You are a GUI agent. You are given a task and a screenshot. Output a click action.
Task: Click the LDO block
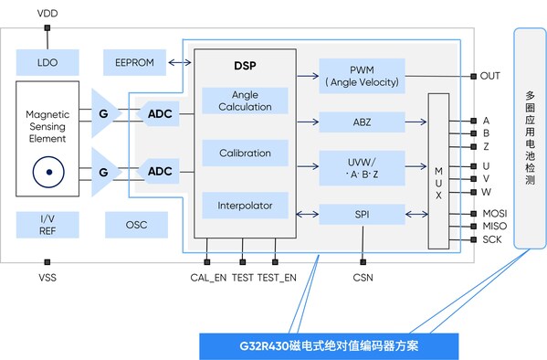tap(48, 62)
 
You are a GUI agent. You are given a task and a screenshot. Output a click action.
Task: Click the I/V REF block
tap(48, 224)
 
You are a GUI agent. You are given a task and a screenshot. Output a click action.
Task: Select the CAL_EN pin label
tap(206, 277)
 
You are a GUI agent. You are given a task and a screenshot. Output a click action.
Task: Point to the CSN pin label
tap(363, 277)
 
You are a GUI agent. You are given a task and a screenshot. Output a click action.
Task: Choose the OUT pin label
tap(491, 75)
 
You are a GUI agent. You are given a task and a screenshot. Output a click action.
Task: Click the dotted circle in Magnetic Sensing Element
tap(47, 171)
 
